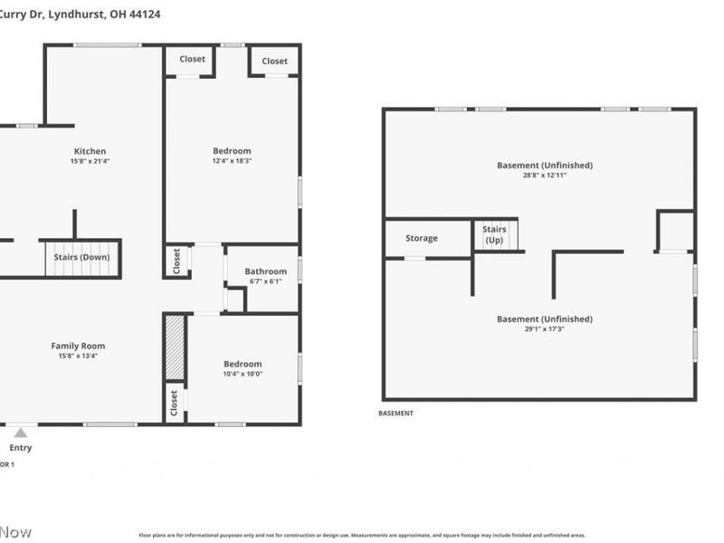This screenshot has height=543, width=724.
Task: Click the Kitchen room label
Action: click(90, 151)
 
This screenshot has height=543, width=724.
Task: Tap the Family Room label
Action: click(77, 346)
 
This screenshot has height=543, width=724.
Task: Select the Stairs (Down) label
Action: click(81, 257)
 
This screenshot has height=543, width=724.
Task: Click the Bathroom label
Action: click(265, 271)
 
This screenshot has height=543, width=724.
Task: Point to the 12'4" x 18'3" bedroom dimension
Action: click(232, 161)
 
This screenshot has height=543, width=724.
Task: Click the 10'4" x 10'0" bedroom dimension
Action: click(243, 374)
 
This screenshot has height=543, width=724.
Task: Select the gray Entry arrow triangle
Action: click(20, 433)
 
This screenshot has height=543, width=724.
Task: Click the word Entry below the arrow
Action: click(20, 448)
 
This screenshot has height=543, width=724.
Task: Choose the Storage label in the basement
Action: click(421, 238)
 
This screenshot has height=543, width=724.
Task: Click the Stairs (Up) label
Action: click(494, 235)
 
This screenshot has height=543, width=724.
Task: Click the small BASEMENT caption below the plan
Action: click(395, 414)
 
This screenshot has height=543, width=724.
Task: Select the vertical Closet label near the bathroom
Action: click(176, 261)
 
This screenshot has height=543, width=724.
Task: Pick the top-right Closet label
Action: click(274, 62)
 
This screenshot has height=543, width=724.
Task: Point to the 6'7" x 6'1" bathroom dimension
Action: click(265, 281)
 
